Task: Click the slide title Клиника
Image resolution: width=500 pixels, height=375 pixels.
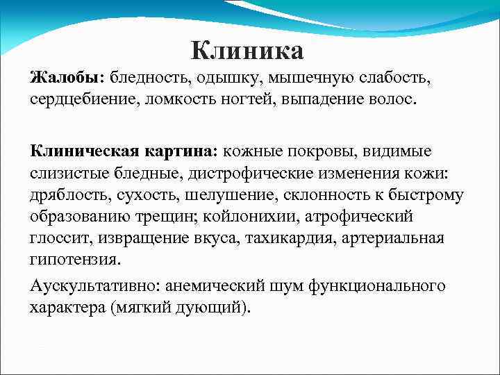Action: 247,51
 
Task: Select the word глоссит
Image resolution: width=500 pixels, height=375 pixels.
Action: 56,238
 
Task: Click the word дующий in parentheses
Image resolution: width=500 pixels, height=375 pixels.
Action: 210,307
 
